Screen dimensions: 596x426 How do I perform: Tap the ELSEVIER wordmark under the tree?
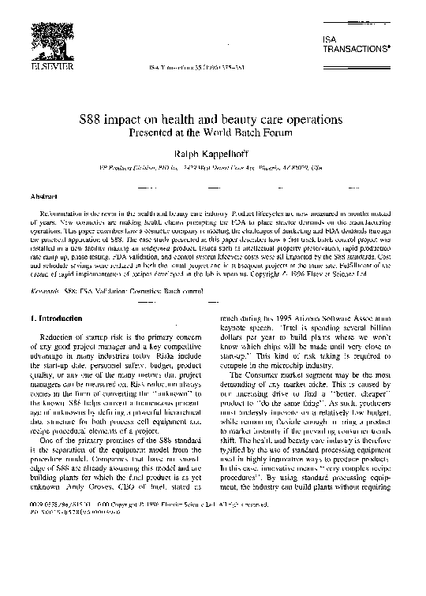point(39,67)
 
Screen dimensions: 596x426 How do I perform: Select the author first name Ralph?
point(192,152)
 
